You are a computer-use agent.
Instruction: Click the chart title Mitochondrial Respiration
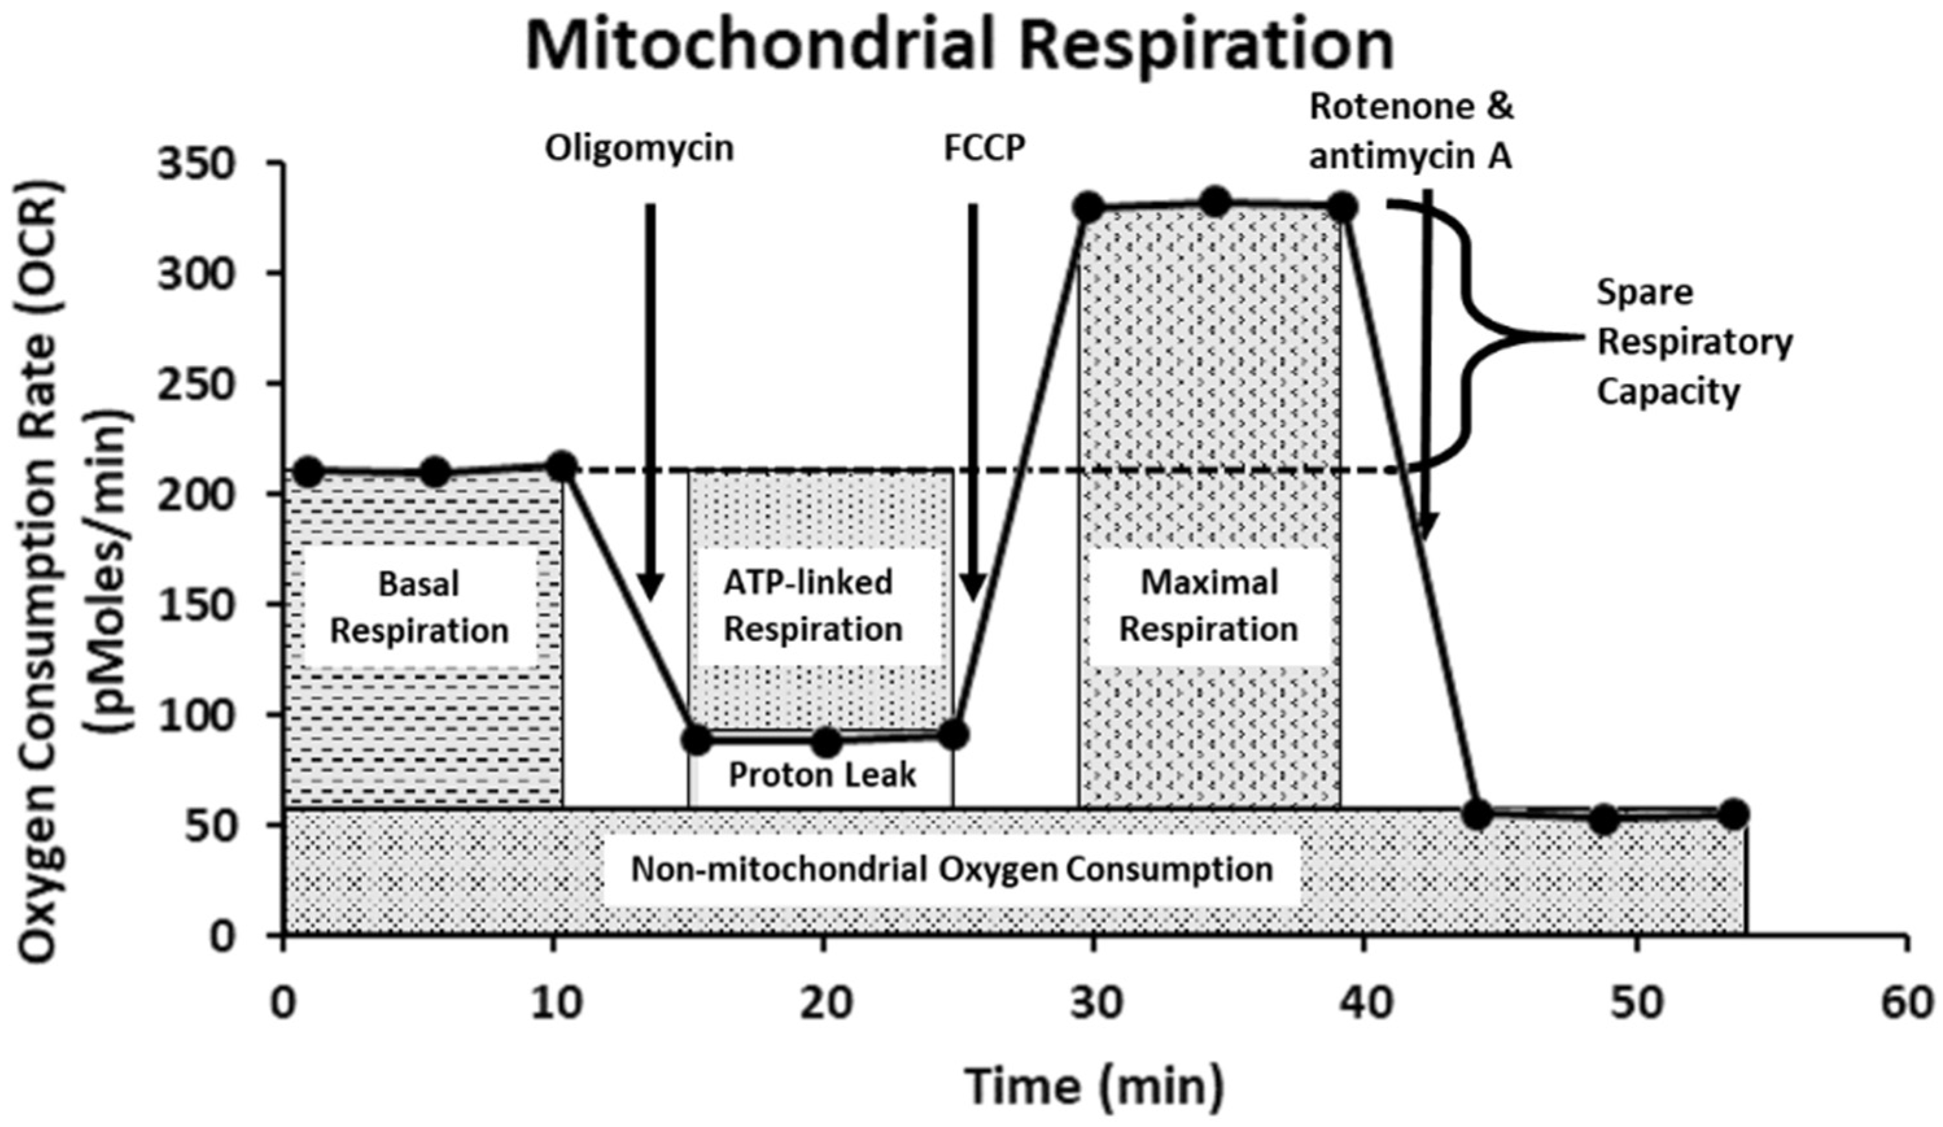tap(960, 45)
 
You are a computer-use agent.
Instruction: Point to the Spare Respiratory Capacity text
tap(1694, 342)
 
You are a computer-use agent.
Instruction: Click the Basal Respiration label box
tap(419, 607)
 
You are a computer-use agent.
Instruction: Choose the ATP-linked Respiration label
tap(813, 606)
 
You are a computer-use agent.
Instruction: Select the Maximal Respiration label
tap(1208, 606)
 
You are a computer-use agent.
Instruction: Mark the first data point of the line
tap(308, 471)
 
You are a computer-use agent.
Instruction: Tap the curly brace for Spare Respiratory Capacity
tap(1472, 337)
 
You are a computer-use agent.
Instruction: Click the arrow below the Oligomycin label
tap(651, 401)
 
